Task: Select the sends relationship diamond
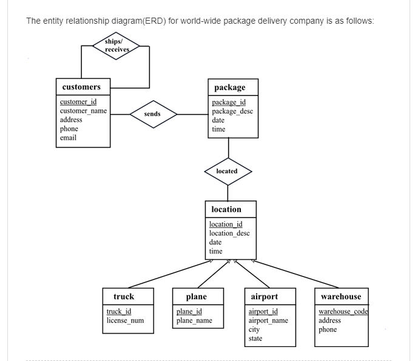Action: [x=152, y=114]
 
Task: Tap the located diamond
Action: [x=227, y=171]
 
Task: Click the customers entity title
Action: [x=81, y=87]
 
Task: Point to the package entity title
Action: [x=230, y=88]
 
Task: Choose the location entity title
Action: [x=226, y=209]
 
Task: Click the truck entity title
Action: [x=124, y=297]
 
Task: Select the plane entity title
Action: [x=196, y=297]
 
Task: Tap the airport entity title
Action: [x=265, y=297]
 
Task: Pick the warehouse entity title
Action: [x=341, y=297]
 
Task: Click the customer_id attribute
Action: [x=78, y=102]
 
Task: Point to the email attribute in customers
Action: [x=68, y=138]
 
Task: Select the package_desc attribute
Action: [x=232, y=111]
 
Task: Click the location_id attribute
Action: [x=226, y=224]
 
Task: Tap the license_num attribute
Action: [x=125, y=320]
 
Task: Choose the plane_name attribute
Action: [x=194, y=320]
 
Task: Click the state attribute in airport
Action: [x=255, y=339]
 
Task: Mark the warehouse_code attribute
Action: [x=343, y=312]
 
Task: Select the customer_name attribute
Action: [x=83, y=111]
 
